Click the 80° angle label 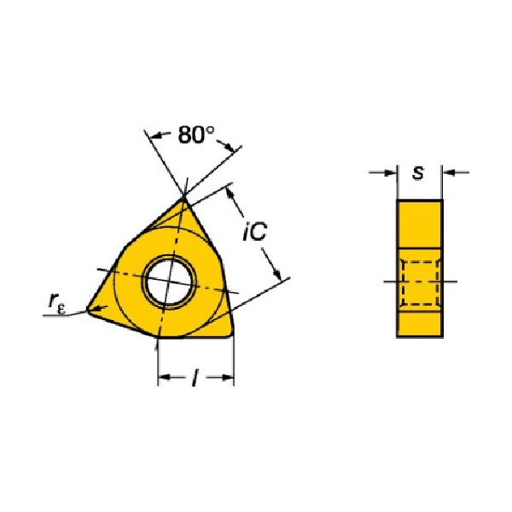pyautogui.click(x=196, y=135)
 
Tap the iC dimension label pyautogui.click(x=255, y=231)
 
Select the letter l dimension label pyautogui.click(x=195, y=377)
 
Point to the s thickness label pyautogui.click(x=418, y=172)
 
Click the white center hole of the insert pyautogui.click(x=168, y=281)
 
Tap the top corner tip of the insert pyautogui.click(x=183, y=198)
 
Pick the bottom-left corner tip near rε pyautogui.click(x=88, y=309)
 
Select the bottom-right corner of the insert pyautogui.click(x=231, y=334)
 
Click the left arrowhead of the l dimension pyautogui.click(x=164, y=377)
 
